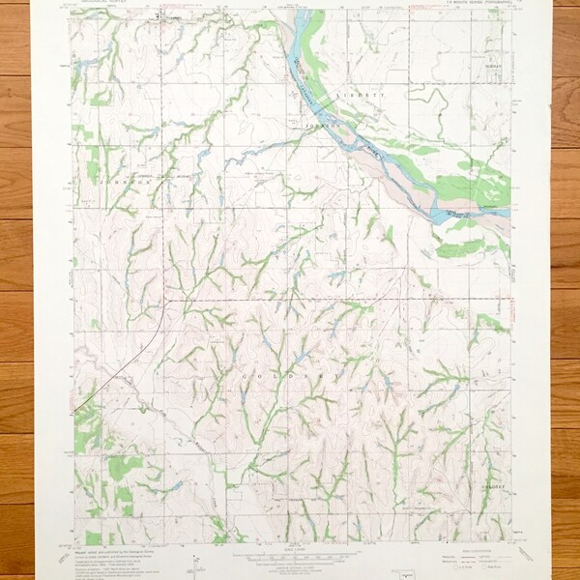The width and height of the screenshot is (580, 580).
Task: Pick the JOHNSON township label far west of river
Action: pyautogui.click(x=125, y=181)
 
